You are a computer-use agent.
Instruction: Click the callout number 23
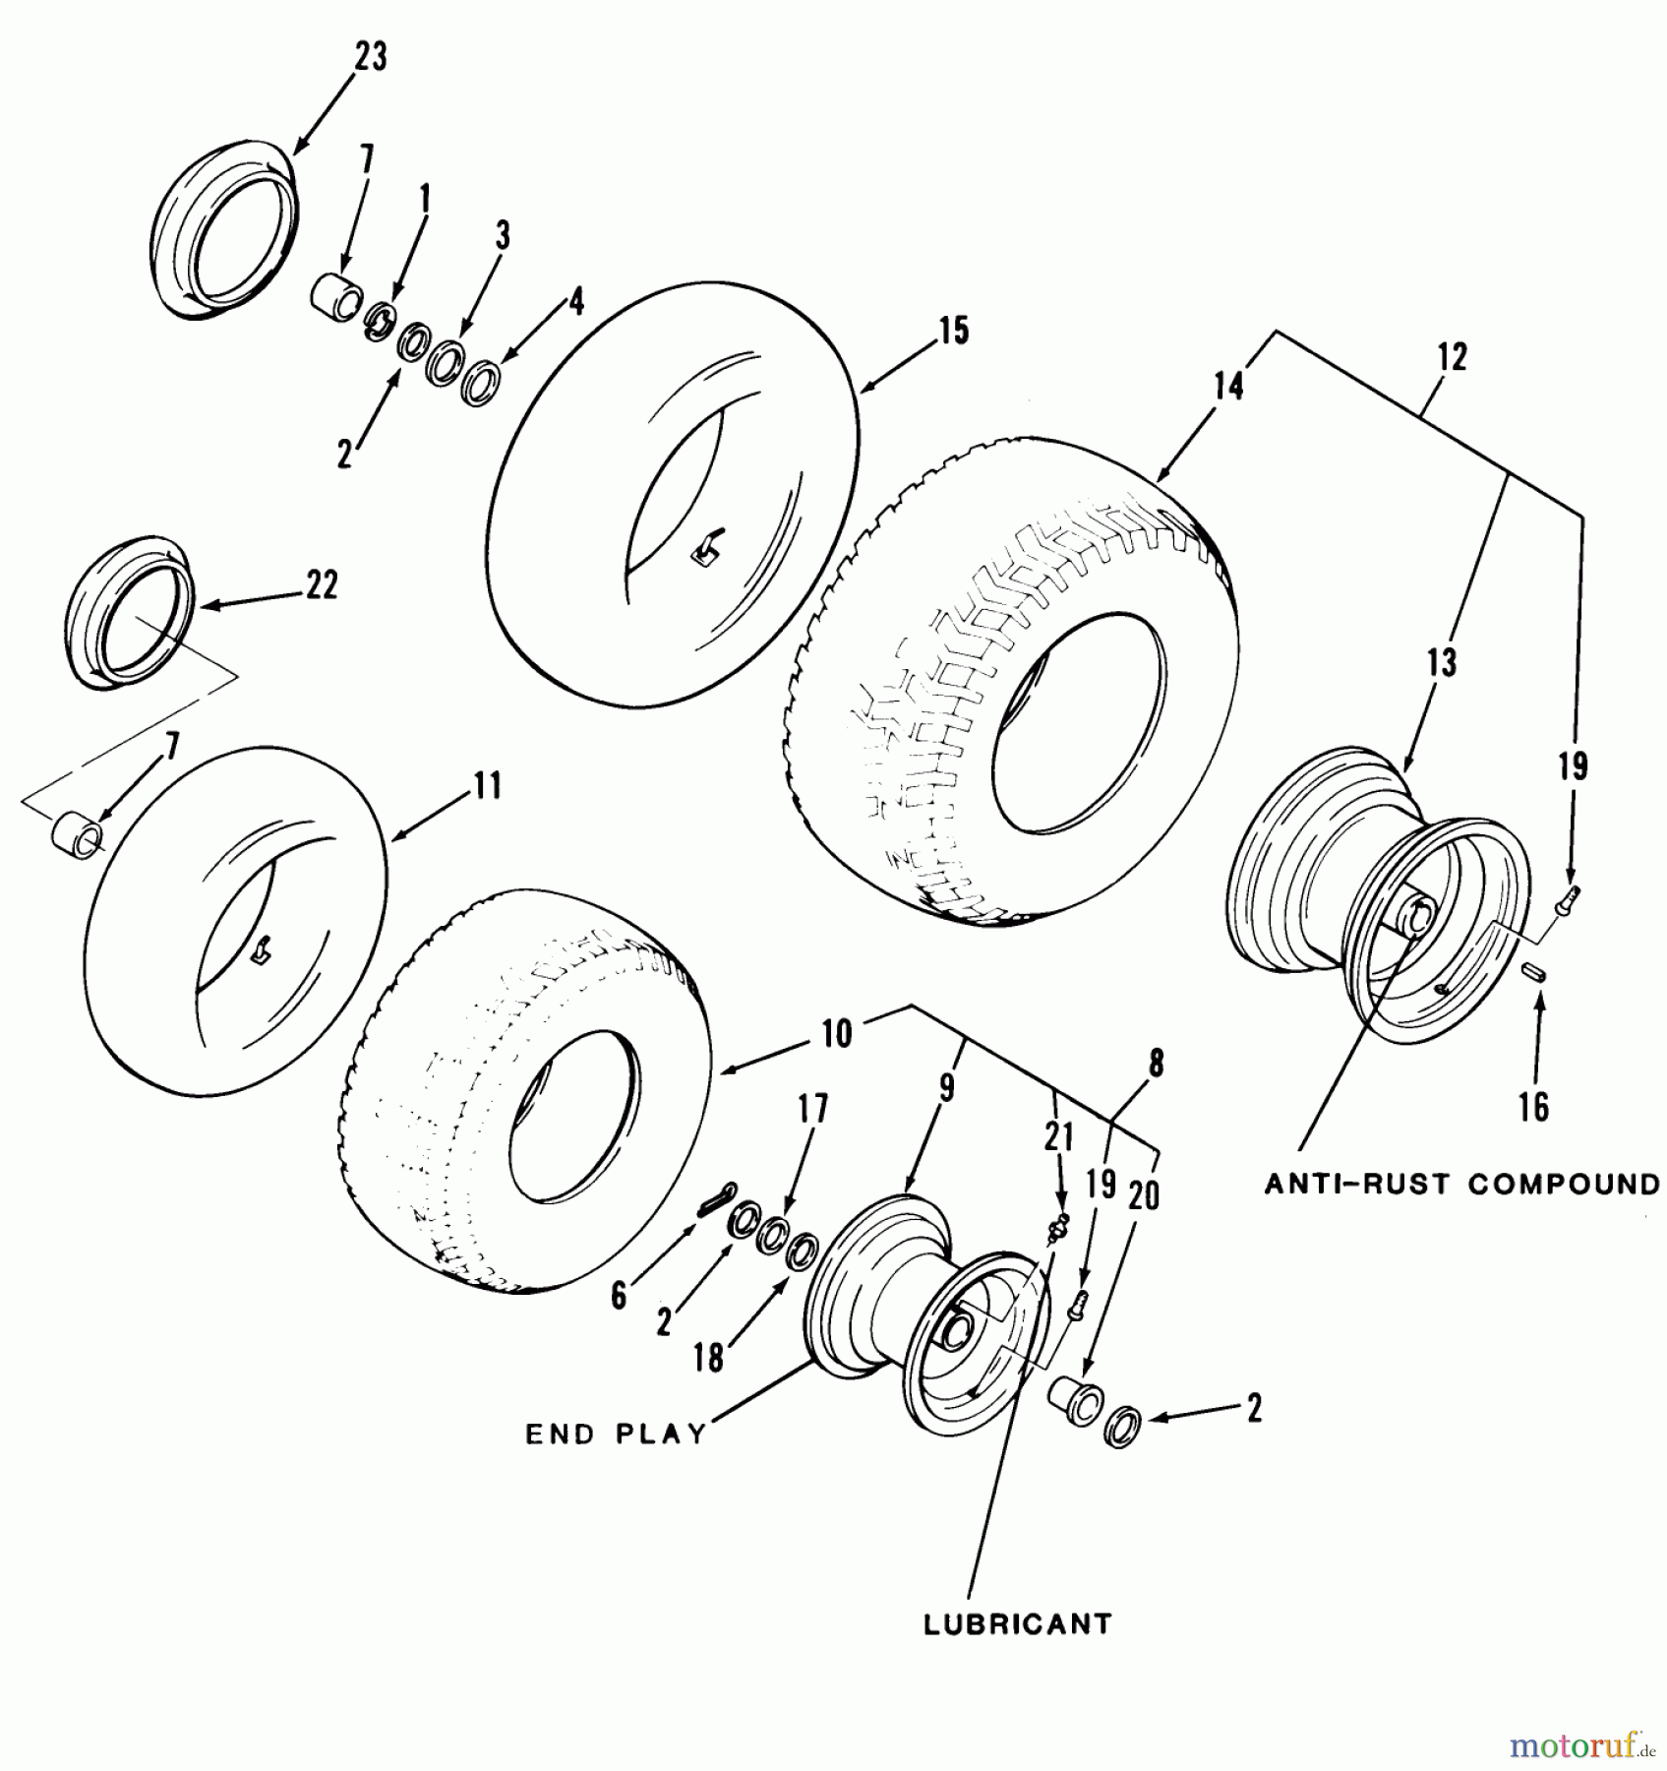coord(370,57)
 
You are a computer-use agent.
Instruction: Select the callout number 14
coord(1228,386)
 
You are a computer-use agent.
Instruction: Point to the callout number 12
coord(1452,356)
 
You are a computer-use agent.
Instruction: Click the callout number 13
coord(1441,662)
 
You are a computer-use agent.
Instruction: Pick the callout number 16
coord(1533,1107)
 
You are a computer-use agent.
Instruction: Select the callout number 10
coord(837,1034)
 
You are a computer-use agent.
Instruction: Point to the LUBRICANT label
coord(1017,1622)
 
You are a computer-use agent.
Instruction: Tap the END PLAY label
coord(617,1434)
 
